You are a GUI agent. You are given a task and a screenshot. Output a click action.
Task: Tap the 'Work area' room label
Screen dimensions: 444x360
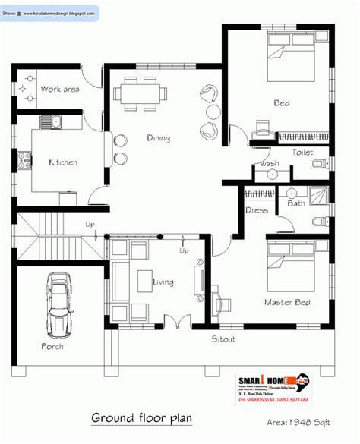point(59,90)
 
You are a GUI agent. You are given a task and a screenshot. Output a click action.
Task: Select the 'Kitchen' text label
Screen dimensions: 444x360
point(62,162)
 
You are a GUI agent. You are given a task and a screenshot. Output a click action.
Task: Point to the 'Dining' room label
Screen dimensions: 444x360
point(159,138)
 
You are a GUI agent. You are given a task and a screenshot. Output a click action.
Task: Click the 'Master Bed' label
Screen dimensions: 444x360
point(286,303)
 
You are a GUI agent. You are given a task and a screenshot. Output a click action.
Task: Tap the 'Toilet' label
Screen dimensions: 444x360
point(302,153)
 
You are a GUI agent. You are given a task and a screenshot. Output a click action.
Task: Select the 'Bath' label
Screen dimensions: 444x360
point(295,203)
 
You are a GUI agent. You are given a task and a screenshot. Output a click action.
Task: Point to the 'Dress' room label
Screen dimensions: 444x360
point(254,210)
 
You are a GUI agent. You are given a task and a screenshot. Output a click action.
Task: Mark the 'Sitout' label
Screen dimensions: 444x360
point(223,339)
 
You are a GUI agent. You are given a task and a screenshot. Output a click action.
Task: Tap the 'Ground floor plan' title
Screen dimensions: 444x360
point(142,418)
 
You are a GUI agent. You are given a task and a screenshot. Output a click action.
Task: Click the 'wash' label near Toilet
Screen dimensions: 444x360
point(269,163)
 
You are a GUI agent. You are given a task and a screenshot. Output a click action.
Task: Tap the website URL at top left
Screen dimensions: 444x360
point(50,13)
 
